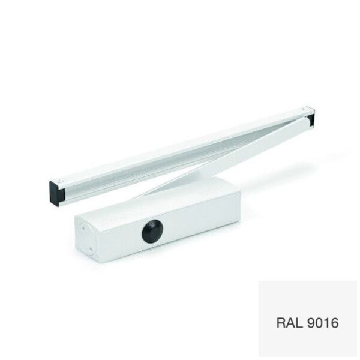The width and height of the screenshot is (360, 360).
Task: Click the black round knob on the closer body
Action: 152,231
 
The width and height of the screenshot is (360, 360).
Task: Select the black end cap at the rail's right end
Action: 311,118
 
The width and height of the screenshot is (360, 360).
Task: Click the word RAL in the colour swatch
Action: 289,323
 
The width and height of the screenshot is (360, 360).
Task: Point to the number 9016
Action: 322,323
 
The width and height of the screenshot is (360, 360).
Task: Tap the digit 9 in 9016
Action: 310,323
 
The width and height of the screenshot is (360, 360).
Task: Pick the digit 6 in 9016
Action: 335,323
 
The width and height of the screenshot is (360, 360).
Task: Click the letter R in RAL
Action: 281,323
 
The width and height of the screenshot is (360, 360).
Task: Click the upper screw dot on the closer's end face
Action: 84,228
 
